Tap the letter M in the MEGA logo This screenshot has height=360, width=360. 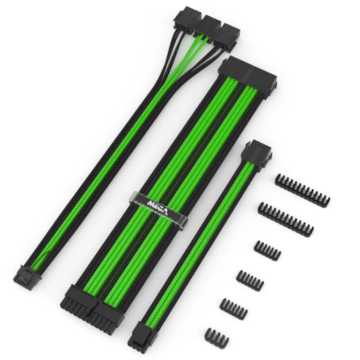[x=151, y=202]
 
